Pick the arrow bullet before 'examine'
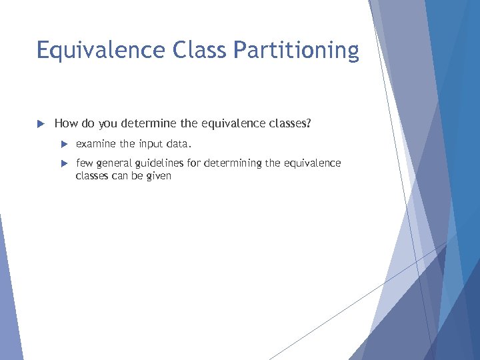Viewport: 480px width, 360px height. (64, 144)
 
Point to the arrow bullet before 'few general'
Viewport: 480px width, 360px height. (64, 163)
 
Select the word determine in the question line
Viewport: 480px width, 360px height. (149, 123)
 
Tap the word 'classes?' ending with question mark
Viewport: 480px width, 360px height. (287, 123)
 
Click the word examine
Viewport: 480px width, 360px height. (96, 144)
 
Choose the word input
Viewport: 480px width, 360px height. (151, 144)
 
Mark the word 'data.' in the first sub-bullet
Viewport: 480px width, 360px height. (179, 144)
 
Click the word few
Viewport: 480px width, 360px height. (84, 163)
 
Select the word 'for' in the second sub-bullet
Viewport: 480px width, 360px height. (195, 163)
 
